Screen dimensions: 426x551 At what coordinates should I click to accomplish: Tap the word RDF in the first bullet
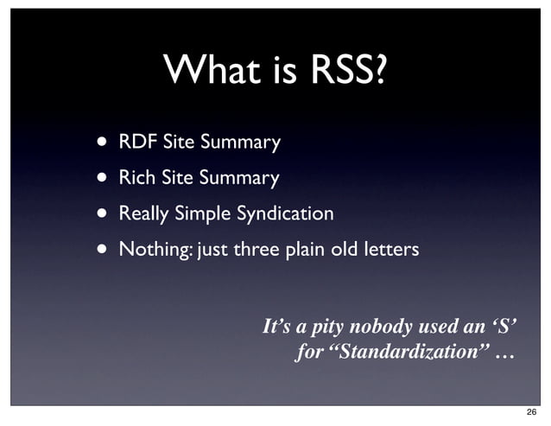pos(136,141)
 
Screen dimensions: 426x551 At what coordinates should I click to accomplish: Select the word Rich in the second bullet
pos(136,178)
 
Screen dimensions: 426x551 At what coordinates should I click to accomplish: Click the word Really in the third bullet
pos(144,213)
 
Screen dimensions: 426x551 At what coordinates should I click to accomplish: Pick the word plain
pos(303,250)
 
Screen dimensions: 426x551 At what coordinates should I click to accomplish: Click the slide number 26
pos(530,412)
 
